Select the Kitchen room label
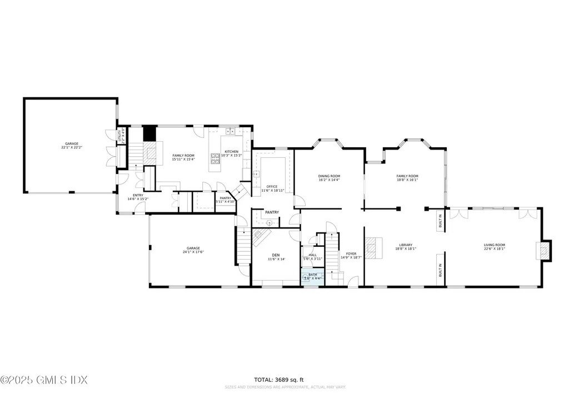[x=232, y=153]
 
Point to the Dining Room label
[x=329, y=177]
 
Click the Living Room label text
[x=494, y=246]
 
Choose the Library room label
[x=405, y=246]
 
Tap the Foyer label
[x=351, y=255]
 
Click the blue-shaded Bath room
[x=312, y=277]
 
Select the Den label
[x=276, y=257]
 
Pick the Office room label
[x=272, y=188]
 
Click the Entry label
[x=138, y=197]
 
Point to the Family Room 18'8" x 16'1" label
[x=407, y=177]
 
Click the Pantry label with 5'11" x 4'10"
[x=225, y=200]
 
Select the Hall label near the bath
[x=313, y=256]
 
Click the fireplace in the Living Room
[x=544, y=251]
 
